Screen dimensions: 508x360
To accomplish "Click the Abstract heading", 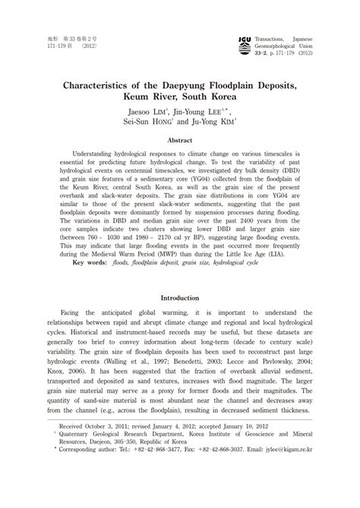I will pos(179,140).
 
